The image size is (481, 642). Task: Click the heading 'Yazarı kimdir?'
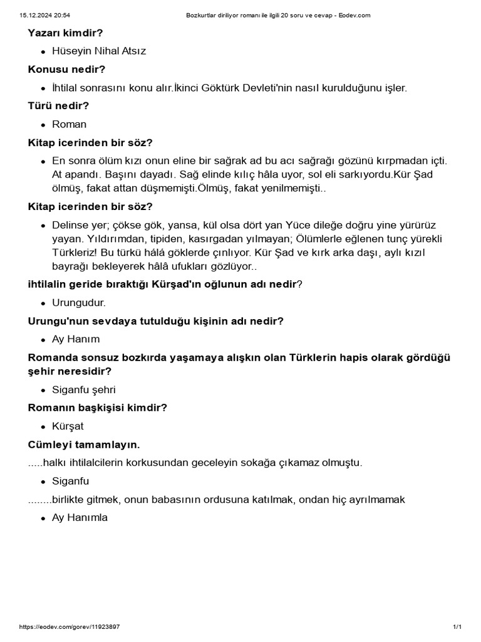coord(65,32)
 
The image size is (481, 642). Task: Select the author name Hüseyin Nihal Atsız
coord(99,51)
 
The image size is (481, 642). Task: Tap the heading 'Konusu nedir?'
coord(66,69)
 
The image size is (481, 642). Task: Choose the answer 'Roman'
coord(69,124)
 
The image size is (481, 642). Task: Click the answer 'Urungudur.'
coord(79,303)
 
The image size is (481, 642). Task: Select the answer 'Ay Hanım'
coord(76,340)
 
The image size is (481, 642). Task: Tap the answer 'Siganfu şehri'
coord(84,389)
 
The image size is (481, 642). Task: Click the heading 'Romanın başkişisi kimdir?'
coord(97,408)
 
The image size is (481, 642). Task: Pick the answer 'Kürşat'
coord(68,426)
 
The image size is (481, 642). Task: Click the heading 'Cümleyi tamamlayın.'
coord(84,445)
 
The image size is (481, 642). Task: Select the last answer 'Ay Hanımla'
coord(80,518)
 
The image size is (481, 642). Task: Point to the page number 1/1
coord(457,627)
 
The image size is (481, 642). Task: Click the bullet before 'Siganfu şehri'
coord(43,390)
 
